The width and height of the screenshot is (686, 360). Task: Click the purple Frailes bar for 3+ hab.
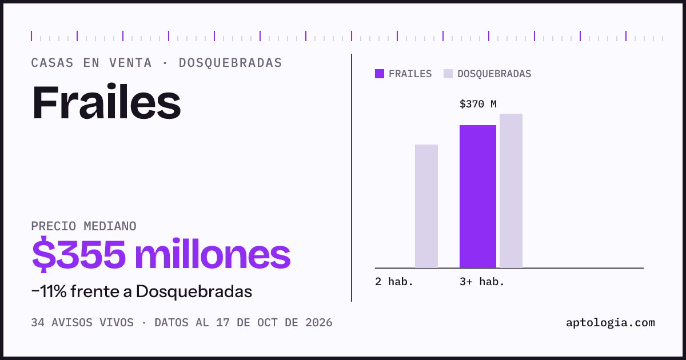478,197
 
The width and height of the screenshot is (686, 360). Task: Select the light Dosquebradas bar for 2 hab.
426,206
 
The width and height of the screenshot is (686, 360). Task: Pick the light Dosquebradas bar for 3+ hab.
511,191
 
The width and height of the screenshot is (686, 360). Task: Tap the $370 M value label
478,105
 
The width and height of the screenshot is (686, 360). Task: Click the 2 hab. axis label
394,282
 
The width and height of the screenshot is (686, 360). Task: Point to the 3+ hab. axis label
482,282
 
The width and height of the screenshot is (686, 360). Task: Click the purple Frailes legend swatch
380,74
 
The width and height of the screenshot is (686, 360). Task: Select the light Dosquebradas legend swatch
448,74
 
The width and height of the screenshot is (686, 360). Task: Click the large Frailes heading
106,102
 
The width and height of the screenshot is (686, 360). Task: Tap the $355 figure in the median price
79,254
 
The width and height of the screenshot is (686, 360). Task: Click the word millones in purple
213,254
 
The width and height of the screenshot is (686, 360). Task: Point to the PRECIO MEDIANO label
83,226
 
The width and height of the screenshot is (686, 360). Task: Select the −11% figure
49,291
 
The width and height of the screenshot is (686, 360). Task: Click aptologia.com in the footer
611,323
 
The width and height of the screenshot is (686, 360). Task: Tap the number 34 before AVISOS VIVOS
38,323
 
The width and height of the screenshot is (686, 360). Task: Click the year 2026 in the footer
319,323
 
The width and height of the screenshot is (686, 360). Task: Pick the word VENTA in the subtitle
130,63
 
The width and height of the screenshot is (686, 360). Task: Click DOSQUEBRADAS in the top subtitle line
230,63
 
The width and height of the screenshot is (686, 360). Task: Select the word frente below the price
95,291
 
